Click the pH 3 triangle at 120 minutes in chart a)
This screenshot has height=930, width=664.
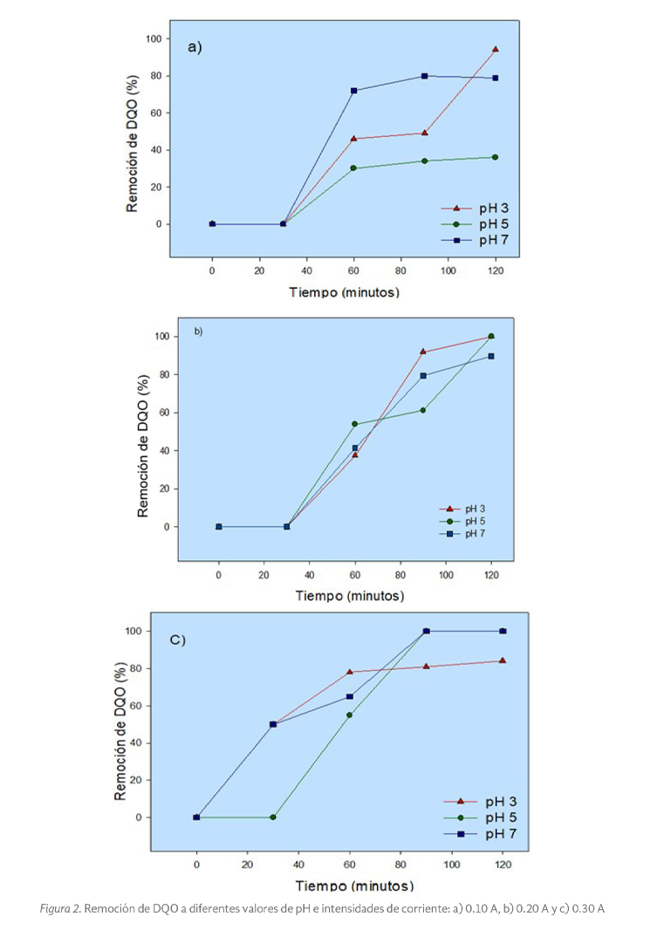click(x=496, y=50)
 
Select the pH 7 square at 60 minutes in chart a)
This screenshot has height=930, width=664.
click(x=354, y=91)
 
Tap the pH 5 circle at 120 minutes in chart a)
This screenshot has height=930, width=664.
click(x=496, y=157)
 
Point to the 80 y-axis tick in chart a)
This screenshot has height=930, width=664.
click(x=156, y=76)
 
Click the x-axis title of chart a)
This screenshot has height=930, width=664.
click(x=345, y=292)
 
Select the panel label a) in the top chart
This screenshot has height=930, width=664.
click(x=195, y=47)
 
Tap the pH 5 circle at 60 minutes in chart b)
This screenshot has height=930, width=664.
click(x=355, y=424)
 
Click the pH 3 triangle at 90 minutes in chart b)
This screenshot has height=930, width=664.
click(x=423, y=352)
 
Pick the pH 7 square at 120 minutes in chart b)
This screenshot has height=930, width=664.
click(x=491, y=356)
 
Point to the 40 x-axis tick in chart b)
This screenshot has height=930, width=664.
click(x=309, y=577)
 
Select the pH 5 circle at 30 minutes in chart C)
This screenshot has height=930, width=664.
click(x=273, y=817)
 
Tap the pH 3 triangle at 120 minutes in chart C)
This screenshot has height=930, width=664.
click(x=503, y=660)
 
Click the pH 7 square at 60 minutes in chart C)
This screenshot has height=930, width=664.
click(x=350, y=696)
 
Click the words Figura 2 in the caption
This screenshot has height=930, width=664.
click(x=60, y=908)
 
